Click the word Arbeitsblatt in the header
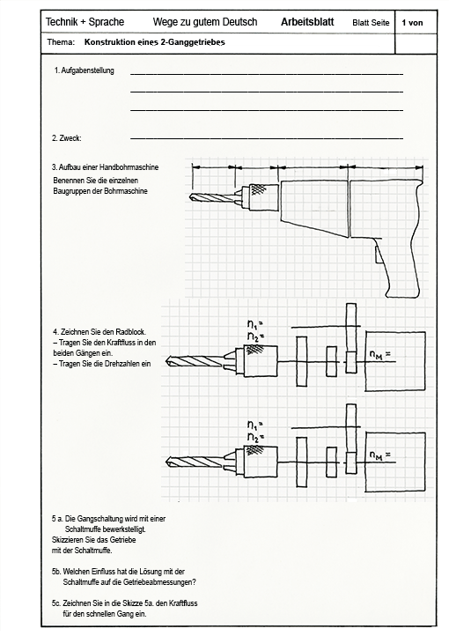(x=307, y=22)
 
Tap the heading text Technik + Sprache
(x=85, y=22)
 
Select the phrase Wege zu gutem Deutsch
(x=205, y=22)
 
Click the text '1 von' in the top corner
(x=412, y=23)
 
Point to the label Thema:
(x=61, y=41)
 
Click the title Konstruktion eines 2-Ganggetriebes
(x=154, y=42)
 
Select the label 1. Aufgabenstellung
(x=85, y=70)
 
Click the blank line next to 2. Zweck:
(x=267, y=138)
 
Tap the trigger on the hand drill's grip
(x=378, y=255)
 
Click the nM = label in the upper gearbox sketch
(x=380, y=354)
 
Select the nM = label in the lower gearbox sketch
(x=380, y=455)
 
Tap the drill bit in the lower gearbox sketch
(x=195, y=462)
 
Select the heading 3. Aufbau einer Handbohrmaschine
(x=105, y=167)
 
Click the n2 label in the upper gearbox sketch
(x=255, y=336)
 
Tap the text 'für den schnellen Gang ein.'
(x=105, y=614)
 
